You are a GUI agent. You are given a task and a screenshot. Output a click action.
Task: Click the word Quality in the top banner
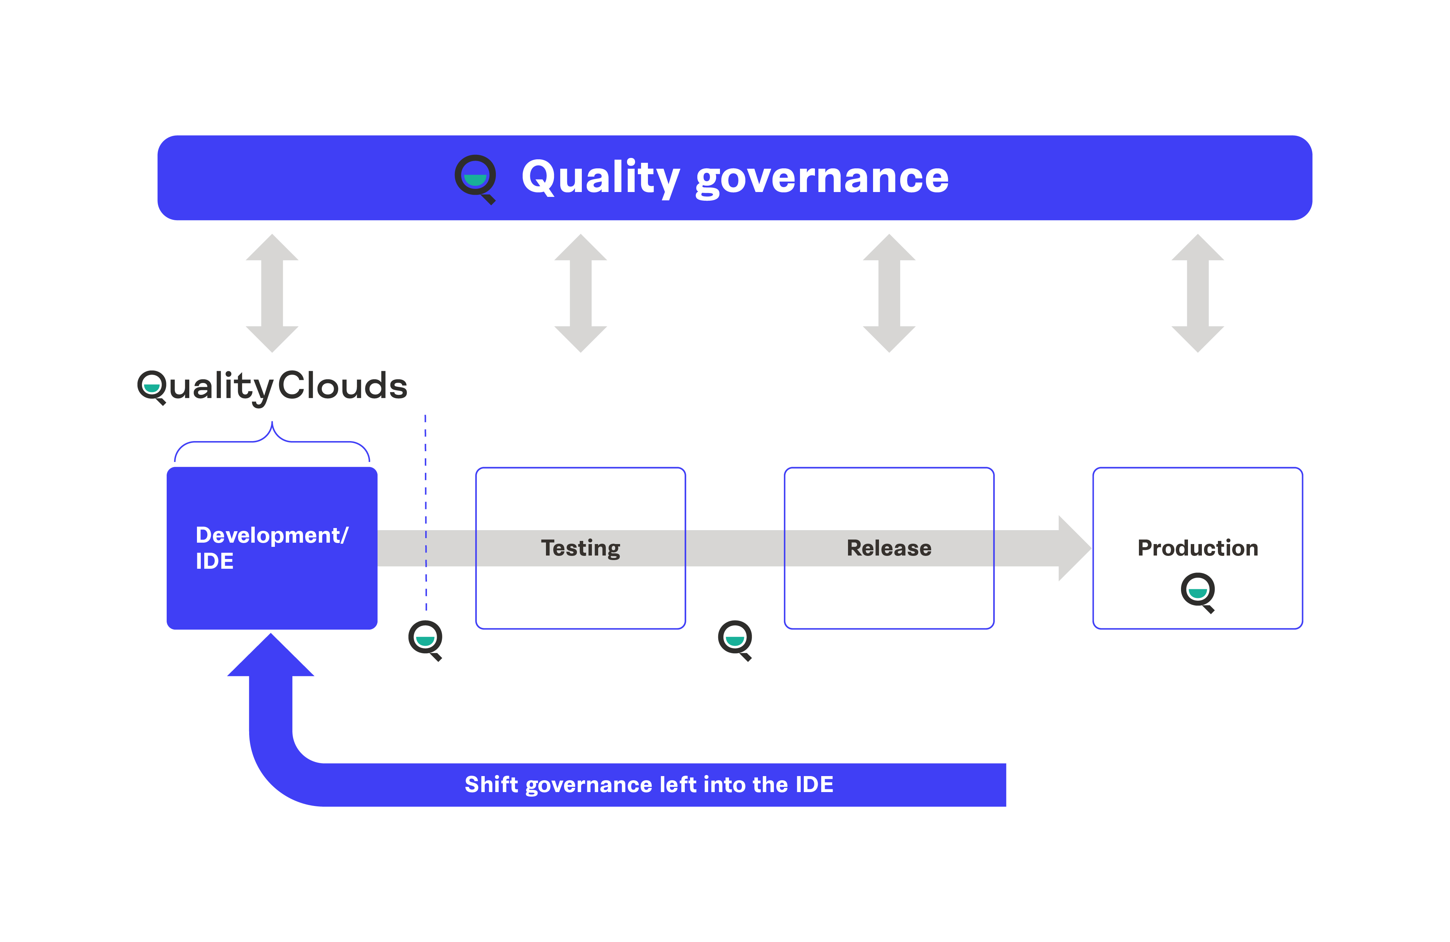point(600,178)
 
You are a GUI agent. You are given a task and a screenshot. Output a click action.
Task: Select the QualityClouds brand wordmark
point(272,386)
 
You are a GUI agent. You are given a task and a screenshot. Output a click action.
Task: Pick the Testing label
point(581,548)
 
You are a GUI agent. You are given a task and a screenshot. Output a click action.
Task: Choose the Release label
point(889,548)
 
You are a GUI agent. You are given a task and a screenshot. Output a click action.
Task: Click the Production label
point(1197,548)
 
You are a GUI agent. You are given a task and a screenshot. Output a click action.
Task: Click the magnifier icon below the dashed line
point(425,639)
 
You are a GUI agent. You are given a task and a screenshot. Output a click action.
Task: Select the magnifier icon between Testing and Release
point(735,639)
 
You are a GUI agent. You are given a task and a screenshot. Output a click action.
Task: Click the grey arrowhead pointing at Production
point(1072,548)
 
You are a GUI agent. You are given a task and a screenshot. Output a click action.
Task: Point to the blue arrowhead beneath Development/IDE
point(270,658)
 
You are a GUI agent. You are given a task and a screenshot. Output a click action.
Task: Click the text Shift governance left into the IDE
point(649,784)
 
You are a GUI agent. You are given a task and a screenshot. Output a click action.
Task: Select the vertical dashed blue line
point(426,511)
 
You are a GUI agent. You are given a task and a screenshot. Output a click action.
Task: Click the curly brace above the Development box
point(272,440)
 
